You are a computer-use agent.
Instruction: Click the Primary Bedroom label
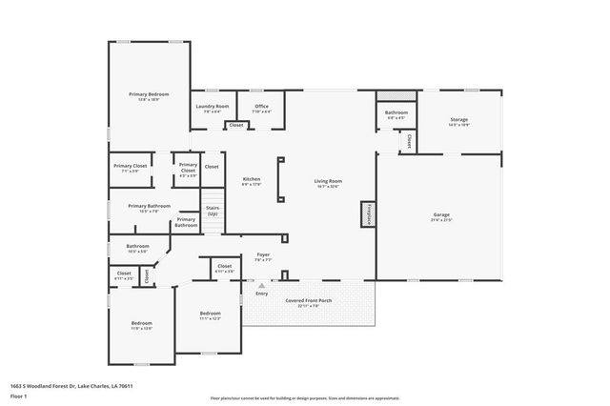pos(149,94)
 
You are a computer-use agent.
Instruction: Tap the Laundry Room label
pos(212,106)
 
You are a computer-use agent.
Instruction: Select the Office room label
pos(260,106)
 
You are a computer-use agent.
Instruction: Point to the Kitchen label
pos(252,179)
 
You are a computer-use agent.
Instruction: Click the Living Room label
pos(329,180)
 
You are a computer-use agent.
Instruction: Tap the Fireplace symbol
pos(365,214)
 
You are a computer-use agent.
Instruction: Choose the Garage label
pos(440,214)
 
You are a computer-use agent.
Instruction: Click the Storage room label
pos(459,119)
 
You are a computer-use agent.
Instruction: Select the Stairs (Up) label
pos(212,213)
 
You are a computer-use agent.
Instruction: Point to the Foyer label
pos(264,254)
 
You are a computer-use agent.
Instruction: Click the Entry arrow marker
pos(261,285)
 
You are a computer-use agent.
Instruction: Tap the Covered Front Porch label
pos(309,300)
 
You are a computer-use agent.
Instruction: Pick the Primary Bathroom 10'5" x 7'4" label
pos(150,206)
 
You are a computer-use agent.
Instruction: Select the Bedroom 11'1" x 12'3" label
pos(210,314)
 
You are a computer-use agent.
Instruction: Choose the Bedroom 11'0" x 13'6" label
pos(141,324)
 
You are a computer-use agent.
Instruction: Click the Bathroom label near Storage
pos(396,112)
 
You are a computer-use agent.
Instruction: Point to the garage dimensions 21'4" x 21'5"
pos(440,220)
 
